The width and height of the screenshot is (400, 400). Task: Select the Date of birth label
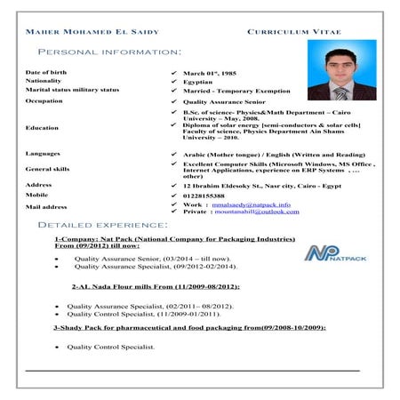point(45,71)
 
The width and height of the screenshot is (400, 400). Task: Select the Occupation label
point(44,101)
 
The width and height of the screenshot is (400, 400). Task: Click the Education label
point(43,128)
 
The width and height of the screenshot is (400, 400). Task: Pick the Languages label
point(44,154)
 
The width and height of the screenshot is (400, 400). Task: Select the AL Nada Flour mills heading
point(143,287)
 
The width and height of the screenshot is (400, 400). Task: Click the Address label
point(39,184)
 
